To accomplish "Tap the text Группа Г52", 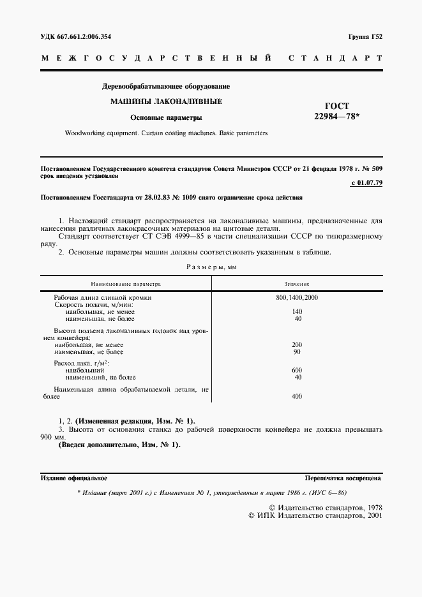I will (365, 36).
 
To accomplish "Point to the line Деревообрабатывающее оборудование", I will (166, 85).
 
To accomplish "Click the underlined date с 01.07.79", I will (366, 184).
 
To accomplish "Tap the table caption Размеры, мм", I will (211, 267).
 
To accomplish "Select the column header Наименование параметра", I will (126, 283).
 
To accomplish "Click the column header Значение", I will (297, 283).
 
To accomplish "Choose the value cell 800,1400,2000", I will (297, 298).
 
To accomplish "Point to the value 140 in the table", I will (297, 311).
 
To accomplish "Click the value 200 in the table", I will (297, 344).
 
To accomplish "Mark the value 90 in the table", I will (297, 351).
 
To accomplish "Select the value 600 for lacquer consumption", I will (297, 370).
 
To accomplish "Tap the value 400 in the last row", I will (297, 396).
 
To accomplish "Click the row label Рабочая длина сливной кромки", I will (103, 298).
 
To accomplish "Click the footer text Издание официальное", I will (73, 477).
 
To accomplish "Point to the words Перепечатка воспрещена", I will (343, 477).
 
